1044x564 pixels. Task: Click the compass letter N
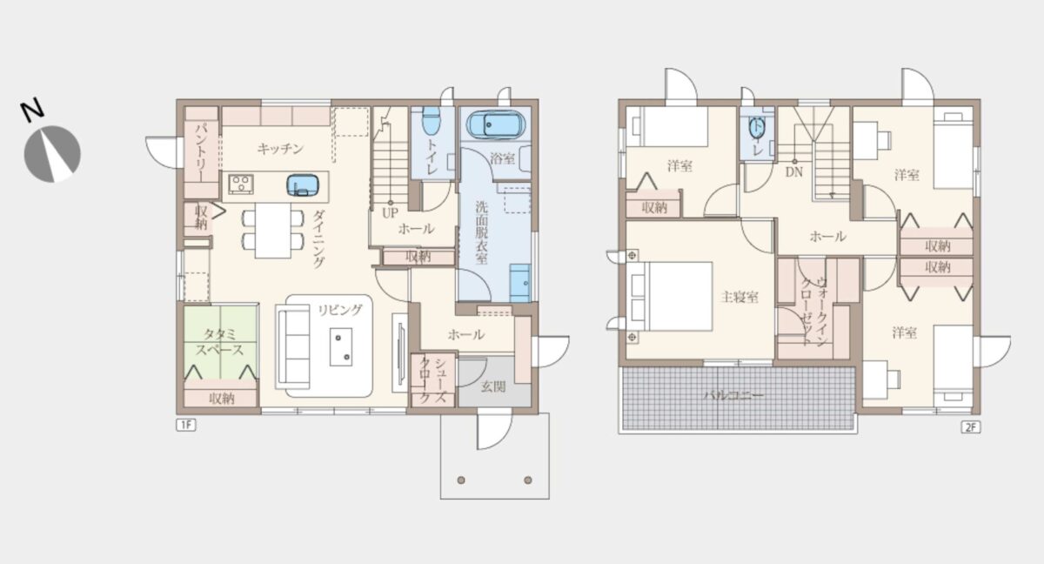coord(32,111)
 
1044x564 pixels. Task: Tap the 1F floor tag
coord(185,425)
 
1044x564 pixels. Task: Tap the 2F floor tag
coord(970,427)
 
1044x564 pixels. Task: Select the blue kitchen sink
coord(304,185)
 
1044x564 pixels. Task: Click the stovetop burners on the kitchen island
coord(241,185)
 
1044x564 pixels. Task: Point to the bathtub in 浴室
coord(496,125)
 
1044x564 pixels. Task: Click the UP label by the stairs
coord(390,213)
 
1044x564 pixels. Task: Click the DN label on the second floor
coord(793,172)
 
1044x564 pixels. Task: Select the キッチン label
coord(280,149)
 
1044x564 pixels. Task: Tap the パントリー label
coord(201,152)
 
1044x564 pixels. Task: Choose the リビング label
coord(340,310)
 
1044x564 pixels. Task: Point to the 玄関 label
coord(492,386)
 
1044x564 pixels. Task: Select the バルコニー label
coord(733,395)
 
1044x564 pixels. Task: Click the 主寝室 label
coord(739,297)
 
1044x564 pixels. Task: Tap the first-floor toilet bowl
coord(432,121)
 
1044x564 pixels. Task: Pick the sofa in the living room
coord(294,346)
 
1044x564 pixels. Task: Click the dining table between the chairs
coord(273,231)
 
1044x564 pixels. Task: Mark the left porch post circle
coord(461,480)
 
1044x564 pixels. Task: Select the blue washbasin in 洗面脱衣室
coord(519,283)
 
